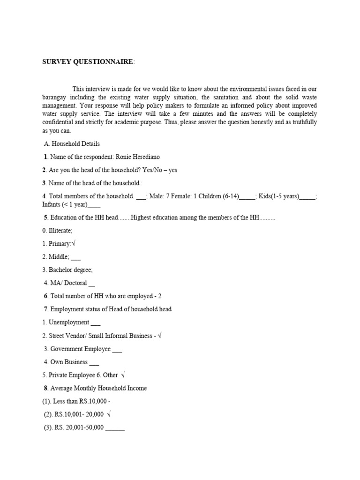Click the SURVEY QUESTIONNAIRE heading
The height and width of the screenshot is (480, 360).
click(88, 62)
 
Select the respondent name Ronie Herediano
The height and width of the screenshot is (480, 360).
click(141, 157)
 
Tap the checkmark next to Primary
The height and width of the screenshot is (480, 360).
click(74, 244)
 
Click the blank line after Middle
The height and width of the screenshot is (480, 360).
click(76, 257)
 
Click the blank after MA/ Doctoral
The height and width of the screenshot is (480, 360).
click(91, 283)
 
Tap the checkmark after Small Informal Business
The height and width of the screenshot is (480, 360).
click(160, 336)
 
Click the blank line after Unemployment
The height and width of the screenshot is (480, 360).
click(95, 323)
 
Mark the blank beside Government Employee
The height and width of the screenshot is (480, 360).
click(117, 349)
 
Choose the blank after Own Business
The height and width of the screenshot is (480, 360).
click(94, 362)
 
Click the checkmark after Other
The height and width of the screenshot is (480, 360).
click(123, 375)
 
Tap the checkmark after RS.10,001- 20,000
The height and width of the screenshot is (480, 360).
click(109, 414)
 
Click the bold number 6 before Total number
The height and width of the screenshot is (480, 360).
click(46, 296)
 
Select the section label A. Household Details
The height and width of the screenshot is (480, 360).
click(71, 144)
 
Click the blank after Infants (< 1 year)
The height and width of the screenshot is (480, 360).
click(94, 205)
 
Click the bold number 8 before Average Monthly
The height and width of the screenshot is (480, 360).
click(46, 388)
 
